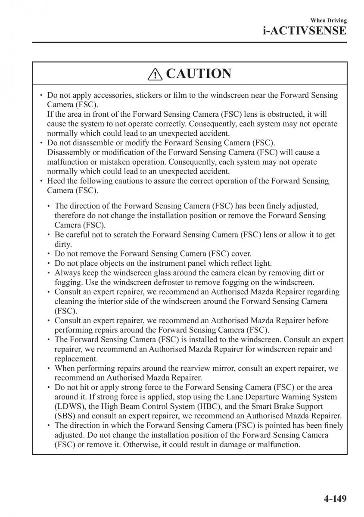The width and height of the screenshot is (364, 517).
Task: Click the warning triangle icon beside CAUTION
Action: [154, 75]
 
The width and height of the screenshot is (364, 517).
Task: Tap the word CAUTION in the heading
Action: [198, 74]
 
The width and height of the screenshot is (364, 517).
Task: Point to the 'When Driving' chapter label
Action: [328, 20]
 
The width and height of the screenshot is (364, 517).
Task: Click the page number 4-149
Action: [328, 498]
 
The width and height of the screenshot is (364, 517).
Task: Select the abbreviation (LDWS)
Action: [68, 406]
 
